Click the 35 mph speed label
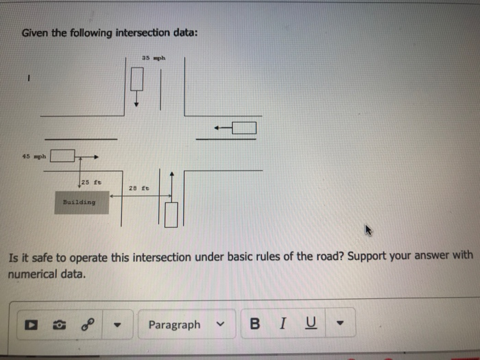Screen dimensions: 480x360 pyautogui.click(x=154, y=58)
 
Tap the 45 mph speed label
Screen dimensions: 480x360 pyautogui.click(x=34, y=156)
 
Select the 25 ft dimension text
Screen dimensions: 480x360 pyautogui.click(x=91, y=182)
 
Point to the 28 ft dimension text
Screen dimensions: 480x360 pyautogui.click(x=139, y=189)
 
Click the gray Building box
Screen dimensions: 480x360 pyautogui.click(x=82, y=202)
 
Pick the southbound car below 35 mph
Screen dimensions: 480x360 pyautogui.click(x=137, y=79)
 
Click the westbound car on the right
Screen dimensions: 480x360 pyautogui.click(x=244, y=128)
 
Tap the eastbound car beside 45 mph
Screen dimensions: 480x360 pyautogui.click(x=62, y=156)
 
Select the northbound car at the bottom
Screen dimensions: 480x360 pyautogui.click(x=171, y=215)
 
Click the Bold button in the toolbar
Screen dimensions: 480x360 pyautogui.click(x=254, y=324)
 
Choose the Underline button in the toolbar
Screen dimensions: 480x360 pyautogui.click(x=311, y=324)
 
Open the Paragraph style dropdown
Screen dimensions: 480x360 pyautogui.click(x=187, y=324)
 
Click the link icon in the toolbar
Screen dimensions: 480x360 pyautogui.click(x=87, y=324)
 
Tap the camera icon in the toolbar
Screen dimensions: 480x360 pyautogui.click(x=60, y=325)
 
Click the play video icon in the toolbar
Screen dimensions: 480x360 pyautogui.click(x=32, y=325)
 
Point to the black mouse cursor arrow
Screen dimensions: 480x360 pyautogui.click(x=368, y=230)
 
